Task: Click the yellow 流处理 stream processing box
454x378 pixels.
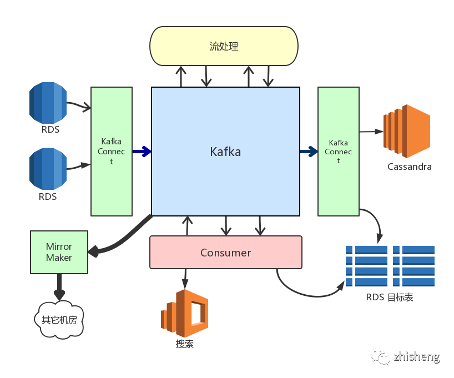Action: pyautogui.click(x=224, y=46)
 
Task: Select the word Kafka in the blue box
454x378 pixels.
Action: pyautogui.click(x=225, y=151)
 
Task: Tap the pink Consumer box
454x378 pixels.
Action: pyautogui.click(x=225, y=253)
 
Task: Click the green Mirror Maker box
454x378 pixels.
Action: pyautogui.click(x=59, y=253)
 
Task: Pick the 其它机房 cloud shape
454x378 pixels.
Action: pyautogui.click(x=59, y=320)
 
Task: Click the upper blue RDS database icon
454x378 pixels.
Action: pyautogui.click(x=48, y=103)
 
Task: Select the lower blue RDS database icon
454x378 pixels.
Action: pyautogui.click(x=48, y=168)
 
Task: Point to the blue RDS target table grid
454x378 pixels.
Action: pyautogui.click(x=390, y=266)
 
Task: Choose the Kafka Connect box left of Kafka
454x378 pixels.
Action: pyautogui.click(x=111, y=151)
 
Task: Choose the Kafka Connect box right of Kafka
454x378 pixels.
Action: pyautogui.click(x=338, y=151)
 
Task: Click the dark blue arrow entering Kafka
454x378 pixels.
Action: pyautogui.click(x=142, y=151)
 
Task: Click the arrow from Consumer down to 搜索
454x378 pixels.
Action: pyautogui.click(x=185, y=277)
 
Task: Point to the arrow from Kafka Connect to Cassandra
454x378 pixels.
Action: pyautogui.click(x=371, y=132)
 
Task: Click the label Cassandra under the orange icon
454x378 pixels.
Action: pyautogui.click(x=409, y=167)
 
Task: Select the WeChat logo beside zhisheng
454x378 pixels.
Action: pyautogui.click(x=380, y=356)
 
